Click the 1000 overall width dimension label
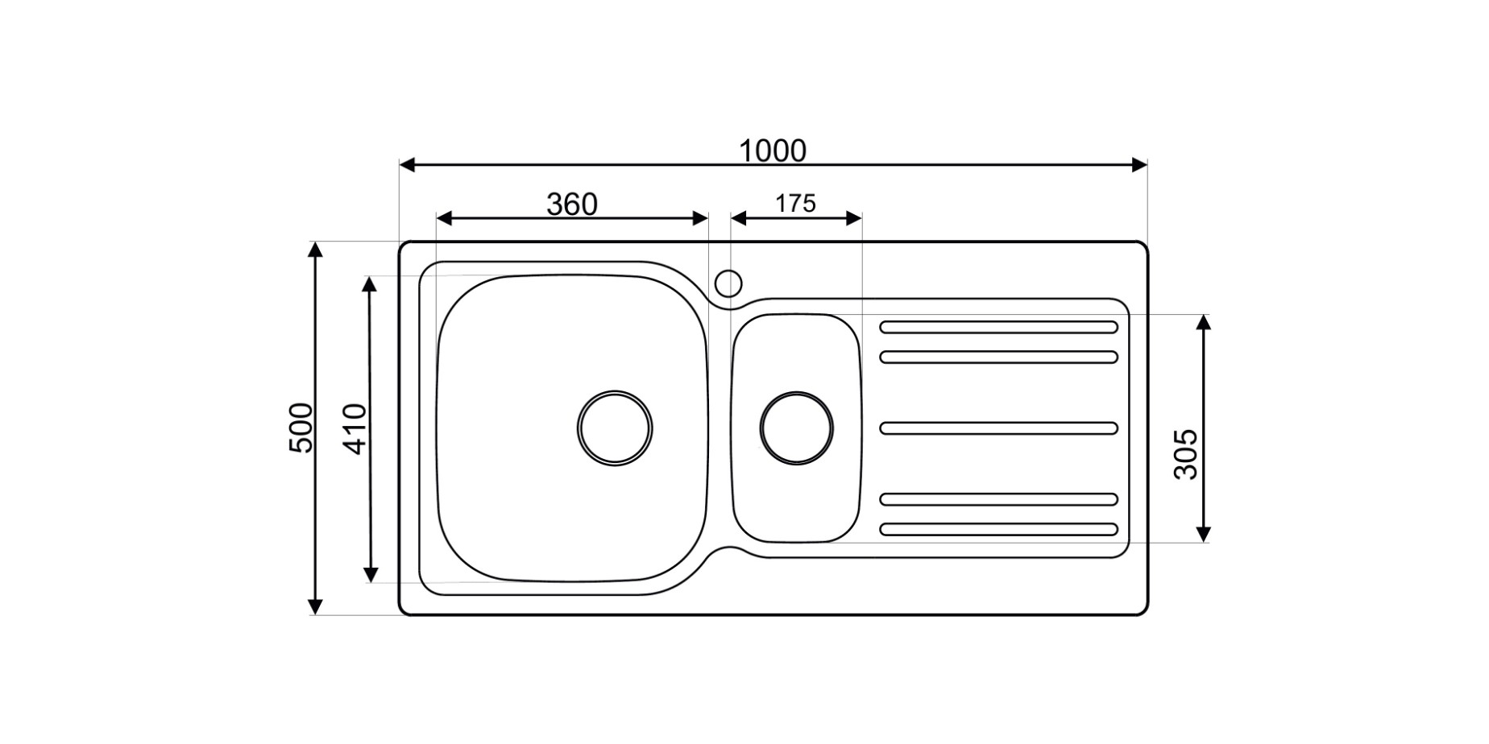772,151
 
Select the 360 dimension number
572,205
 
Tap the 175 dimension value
795,204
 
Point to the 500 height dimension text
301,428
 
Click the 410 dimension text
355,428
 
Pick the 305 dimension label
1185,455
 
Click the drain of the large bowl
615,428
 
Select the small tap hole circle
728,283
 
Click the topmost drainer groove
998,327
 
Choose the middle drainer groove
998,428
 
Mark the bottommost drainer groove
998,529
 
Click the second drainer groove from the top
998,357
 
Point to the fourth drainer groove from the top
998,499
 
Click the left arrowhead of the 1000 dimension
407,165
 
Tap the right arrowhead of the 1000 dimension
1139,165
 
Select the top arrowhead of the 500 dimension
316,249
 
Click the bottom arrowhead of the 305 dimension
1203,534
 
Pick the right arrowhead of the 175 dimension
855,218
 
